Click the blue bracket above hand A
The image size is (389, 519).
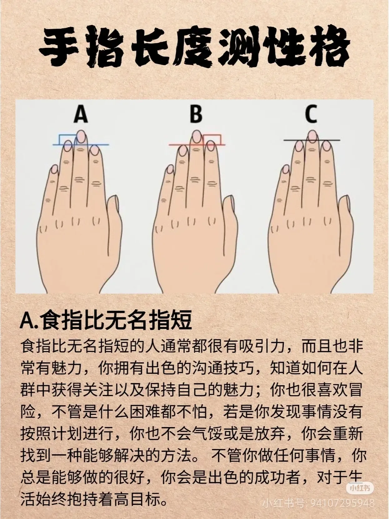pyautogui.click(x=67, y=138)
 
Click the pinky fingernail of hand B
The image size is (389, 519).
pyautogui.click(x=170, y=169)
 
